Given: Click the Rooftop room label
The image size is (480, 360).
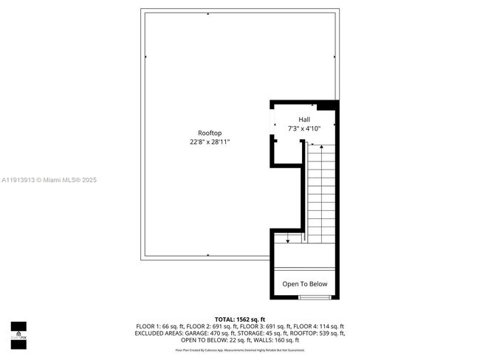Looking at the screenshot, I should (x=210, y=133).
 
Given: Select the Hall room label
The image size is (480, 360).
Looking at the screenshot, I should (x=304, y=120).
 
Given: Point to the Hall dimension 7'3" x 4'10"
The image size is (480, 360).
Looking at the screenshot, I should (x=304, y=128).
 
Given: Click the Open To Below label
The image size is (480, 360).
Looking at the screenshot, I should (x=305, y=284).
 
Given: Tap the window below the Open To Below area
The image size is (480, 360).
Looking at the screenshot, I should (x=315, y=297).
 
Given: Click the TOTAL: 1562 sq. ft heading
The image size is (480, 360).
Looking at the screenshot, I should (x=240, y=319).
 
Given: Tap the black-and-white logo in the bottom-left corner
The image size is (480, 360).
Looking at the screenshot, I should (x=18, y=336).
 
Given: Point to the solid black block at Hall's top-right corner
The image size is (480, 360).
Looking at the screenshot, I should (x=332, y=105).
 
